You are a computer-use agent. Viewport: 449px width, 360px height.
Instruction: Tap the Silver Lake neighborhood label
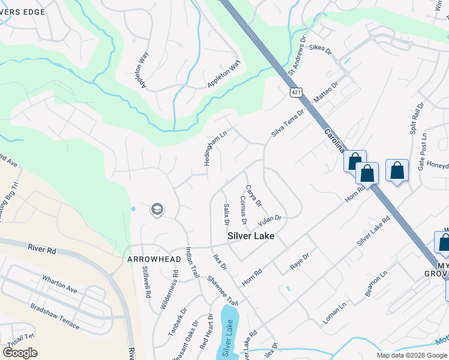click(251, 236)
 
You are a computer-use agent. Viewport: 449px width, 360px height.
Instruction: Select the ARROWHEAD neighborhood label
click(146, 259)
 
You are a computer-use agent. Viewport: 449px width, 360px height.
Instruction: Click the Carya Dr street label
click(254, 196)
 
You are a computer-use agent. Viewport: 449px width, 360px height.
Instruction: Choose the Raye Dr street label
click(300, 260)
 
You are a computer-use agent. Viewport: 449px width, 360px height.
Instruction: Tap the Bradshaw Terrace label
click(55, 316)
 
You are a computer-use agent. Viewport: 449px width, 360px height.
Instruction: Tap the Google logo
click(20, 353)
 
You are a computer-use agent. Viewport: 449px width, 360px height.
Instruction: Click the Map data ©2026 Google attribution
click(411, 355)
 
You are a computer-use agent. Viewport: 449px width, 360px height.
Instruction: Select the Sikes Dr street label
click(320, 47)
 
